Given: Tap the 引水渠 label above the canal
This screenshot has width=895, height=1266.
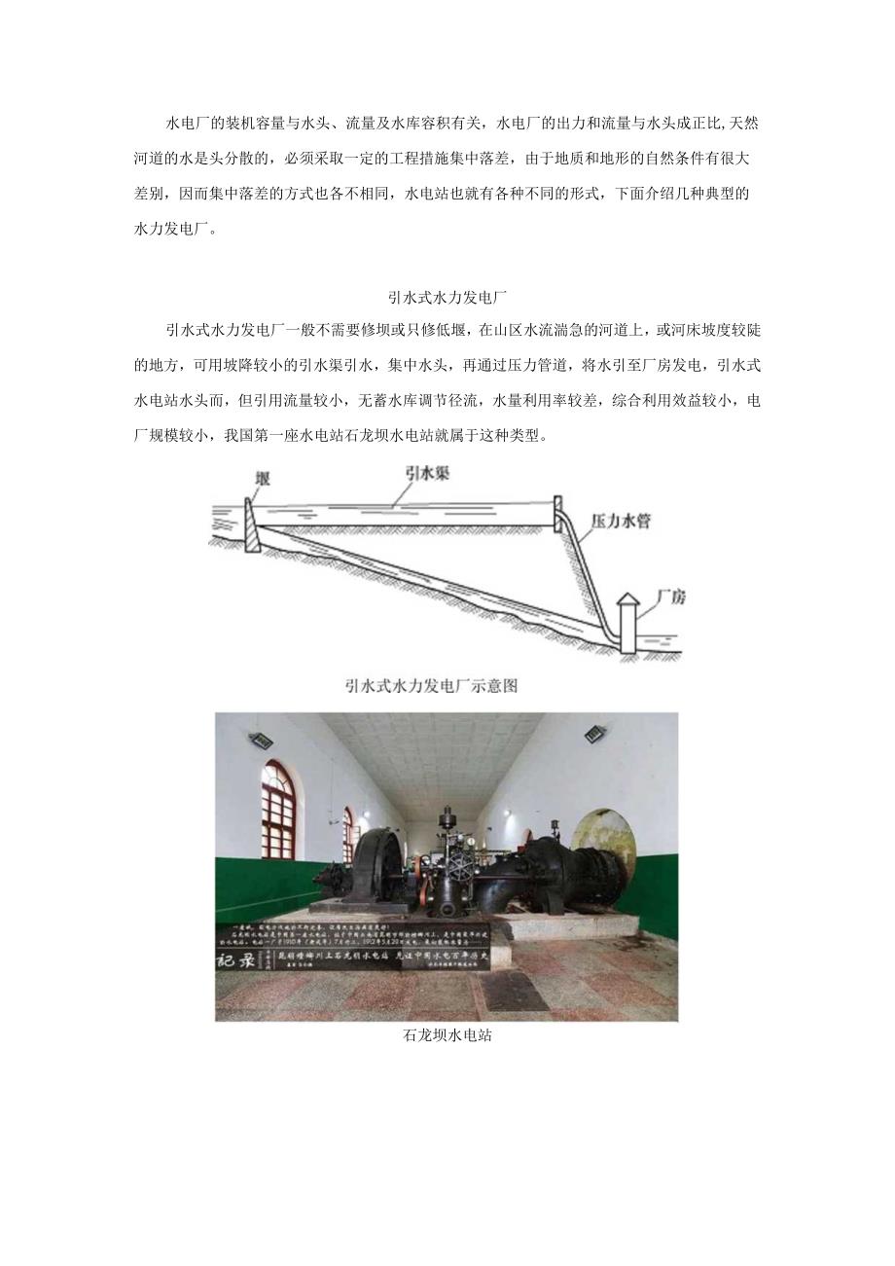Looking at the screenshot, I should (x=427, y=472).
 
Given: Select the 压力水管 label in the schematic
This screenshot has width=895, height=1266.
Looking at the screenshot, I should (x=621, y=521).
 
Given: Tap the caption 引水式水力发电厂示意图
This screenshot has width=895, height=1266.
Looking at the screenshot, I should (x=431, y=685).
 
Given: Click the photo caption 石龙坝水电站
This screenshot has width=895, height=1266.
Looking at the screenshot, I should (x=447, y=1035).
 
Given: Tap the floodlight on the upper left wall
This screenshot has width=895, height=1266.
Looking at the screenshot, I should (x=261, y=740).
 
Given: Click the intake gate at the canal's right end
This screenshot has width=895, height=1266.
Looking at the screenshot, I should (x=558, y=514).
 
